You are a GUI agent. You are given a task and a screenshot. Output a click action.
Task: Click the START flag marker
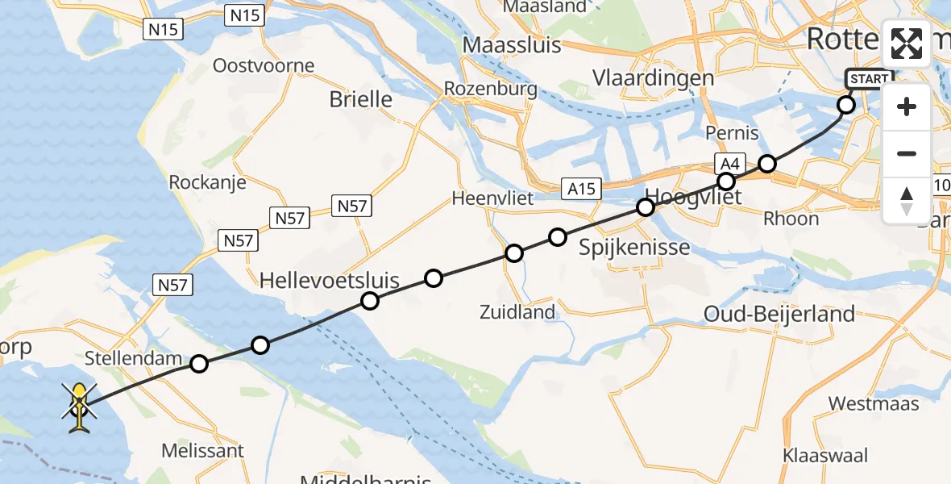click(869, 79)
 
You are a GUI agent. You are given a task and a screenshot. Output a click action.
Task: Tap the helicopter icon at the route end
click(79, 407)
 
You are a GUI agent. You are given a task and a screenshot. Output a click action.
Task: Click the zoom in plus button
click(907, 106)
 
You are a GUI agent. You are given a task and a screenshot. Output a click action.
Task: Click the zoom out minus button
click(907, 153)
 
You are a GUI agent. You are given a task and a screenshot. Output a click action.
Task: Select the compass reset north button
click(907, 200)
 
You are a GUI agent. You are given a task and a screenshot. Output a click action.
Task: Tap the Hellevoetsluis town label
click(330, 281)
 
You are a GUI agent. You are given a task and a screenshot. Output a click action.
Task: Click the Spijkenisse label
click(635, 248)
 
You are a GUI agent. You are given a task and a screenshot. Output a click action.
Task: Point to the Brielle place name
click(361, 99)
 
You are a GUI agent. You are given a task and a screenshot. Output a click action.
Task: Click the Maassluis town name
click(512, 44)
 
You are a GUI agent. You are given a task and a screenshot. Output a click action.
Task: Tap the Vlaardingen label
click(653, 78)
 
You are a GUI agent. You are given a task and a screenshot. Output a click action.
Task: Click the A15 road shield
click(580, 189)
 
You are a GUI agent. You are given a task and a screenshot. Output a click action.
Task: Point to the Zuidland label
click(517, 312)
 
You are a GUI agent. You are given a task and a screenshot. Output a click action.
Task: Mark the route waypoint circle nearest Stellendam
click(199, 364)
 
